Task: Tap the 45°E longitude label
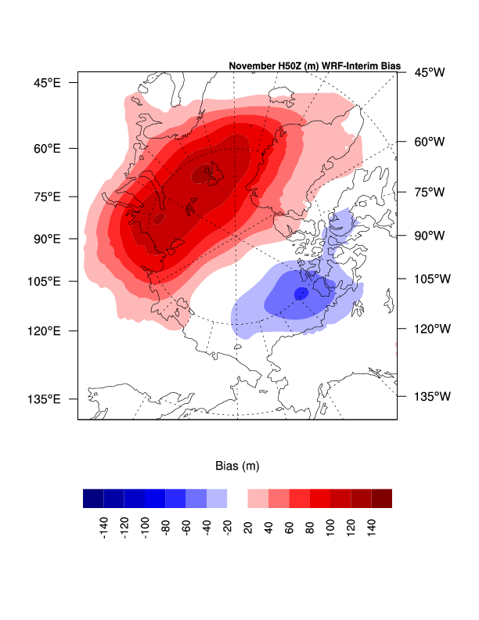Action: (x=46, y=82)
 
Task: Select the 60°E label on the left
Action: (x=46, y=148)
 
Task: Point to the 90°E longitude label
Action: (x=46, y=238)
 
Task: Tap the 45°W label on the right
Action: (x=429, y=73)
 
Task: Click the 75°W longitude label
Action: (x=429, y=192)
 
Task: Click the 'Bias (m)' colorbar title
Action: (x=237, y=466)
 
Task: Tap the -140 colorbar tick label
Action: (x=103, y=530)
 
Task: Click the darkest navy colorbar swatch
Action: (x=93, y=499)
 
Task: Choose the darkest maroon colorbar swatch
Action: (x=381, y=499)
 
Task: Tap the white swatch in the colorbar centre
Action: (x=237, y=499)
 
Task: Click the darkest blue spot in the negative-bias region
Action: (x=301, y=294)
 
